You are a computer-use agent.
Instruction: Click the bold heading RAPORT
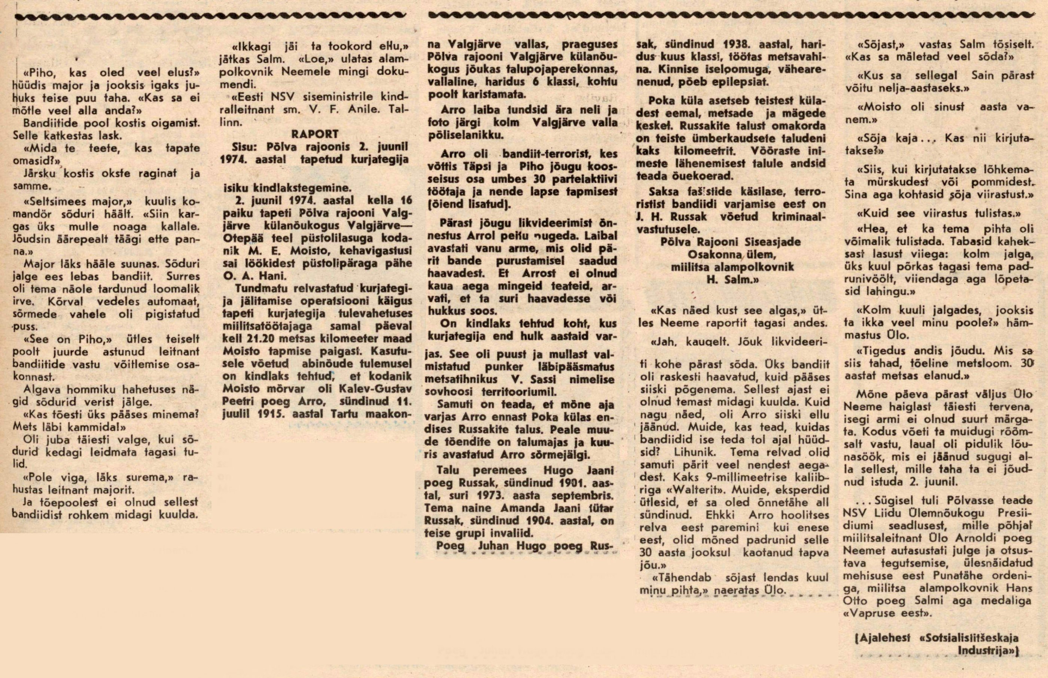[315, 134]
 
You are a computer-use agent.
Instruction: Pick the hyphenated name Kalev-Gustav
[380, 389]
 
